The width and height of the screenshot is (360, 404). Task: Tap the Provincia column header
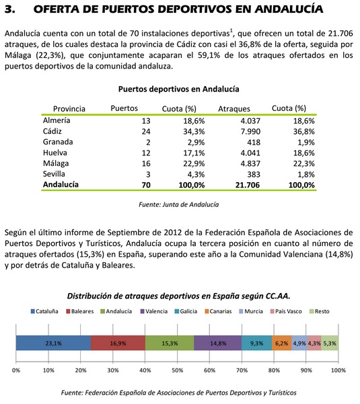coord(69,108)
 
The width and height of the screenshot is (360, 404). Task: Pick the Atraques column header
coord(235,108)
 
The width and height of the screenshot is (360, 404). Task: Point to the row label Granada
coord(59,142)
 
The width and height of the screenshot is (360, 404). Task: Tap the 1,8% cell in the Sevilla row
coord(305,174)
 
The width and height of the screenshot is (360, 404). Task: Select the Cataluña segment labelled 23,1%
coord(53,342)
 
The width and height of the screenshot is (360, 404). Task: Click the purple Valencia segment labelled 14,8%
coord(217,342)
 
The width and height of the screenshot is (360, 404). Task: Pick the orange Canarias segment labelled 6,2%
coord(282,342)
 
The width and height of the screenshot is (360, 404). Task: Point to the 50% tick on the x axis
coord(177,370)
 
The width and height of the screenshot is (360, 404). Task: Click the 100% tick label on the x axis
coord(337,370)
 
